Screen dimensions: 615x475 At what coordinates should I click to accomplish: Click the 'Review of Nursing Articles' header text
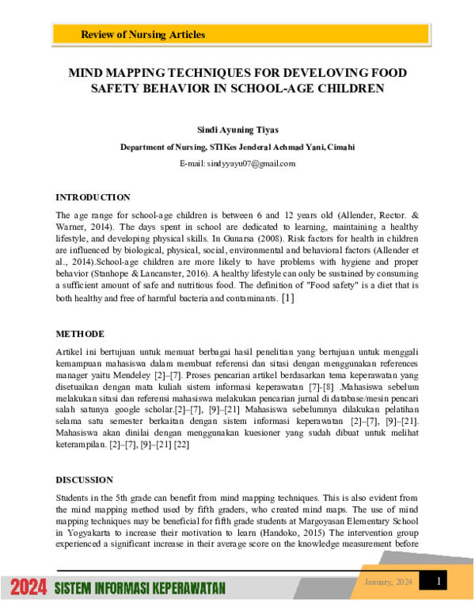pyautogui.click(x=142, y=35)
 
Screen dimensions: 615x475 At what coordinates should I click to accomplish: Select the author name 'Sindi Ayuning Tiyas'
pyautogui.click(x=237, y=128)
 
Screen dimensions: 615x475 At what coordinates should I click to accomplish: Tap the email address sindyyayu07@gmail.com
pyautogui.click(x=237, y=163)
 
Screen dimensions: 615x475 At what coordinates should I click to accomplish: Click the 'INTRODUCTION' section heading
pyautogui.click(x=93, y=197)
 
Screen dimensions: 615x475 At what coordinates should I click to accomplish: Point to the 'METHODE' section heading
pyautogui.click(x=81, y=334)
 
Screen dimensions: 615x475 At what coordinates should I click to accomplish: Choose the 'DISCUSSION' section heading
pyautogui.click(x=84, y=479)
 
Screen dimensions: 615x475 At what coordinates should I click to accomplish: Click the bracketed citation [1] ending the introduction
pyautogui.click(x=287, y=299)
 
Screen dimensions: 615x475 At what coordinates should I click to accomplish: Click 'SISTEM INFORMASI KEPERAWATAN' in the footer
pyautogui.click(x=140, y=588)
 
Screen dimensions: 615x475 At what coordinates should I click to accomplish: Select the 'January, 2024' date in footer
pyautogui.click(x=388, y=583)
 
